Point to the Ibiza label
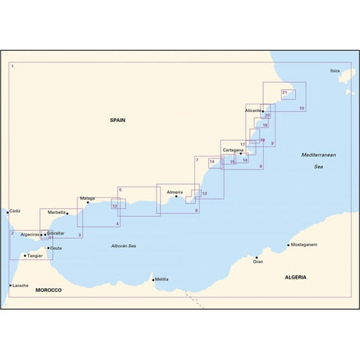click(x=335, y=70)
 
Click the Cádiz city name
click(x=16, y=211)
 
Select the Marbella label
click(x=56, y=212)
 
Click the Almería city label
click(x=175, y=192)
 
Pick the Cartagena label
click(x=232, y=149)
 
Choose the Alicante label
click(x=253, y=111)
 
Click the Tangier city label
click(x=34, y=255)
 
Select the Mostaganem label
click(x=302, y=245)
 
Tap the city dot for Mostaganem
click(x=288, y=245)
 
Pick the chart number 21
click(x=284, y=93)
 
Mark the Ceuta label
click(x=56, y=248)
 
